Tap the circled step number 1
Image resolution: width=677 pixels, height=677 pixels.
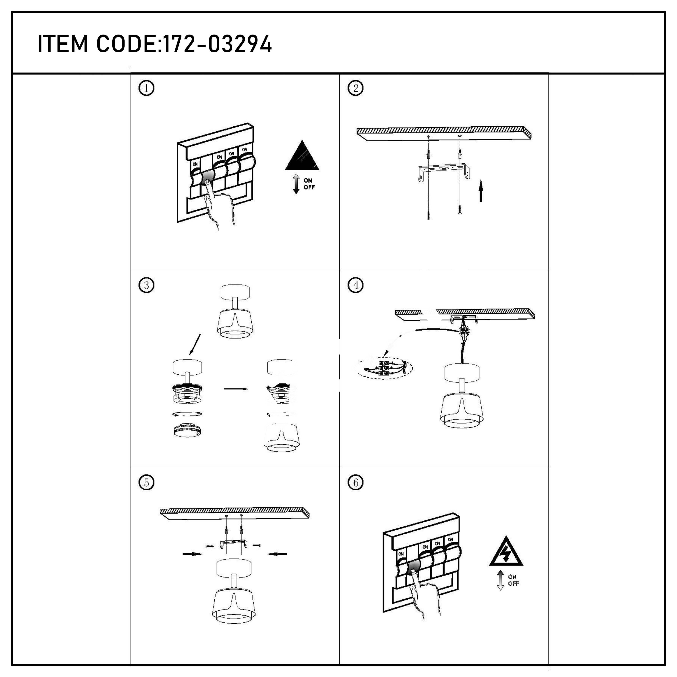[146, 88]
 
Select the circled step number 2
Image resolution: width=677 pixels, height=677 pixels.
[355, 88]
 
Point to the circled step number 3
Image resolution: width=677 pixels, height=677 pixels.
[146, 285]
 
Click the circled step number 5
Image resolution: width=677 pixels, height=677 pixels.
[146, 482]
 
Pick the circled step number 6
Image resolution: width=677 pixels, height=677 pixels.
[355, 482]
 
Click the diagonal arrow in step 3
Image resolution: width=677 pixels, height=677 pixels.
[195, 344]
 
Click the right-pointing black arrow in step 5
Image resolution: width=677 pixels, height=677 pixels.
[192, 554]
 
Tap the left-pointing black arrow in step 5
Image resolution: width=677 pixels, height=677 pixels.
[277, 554]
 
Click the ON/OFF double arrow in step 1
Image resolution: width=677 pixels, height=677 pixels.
[296, 184]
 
